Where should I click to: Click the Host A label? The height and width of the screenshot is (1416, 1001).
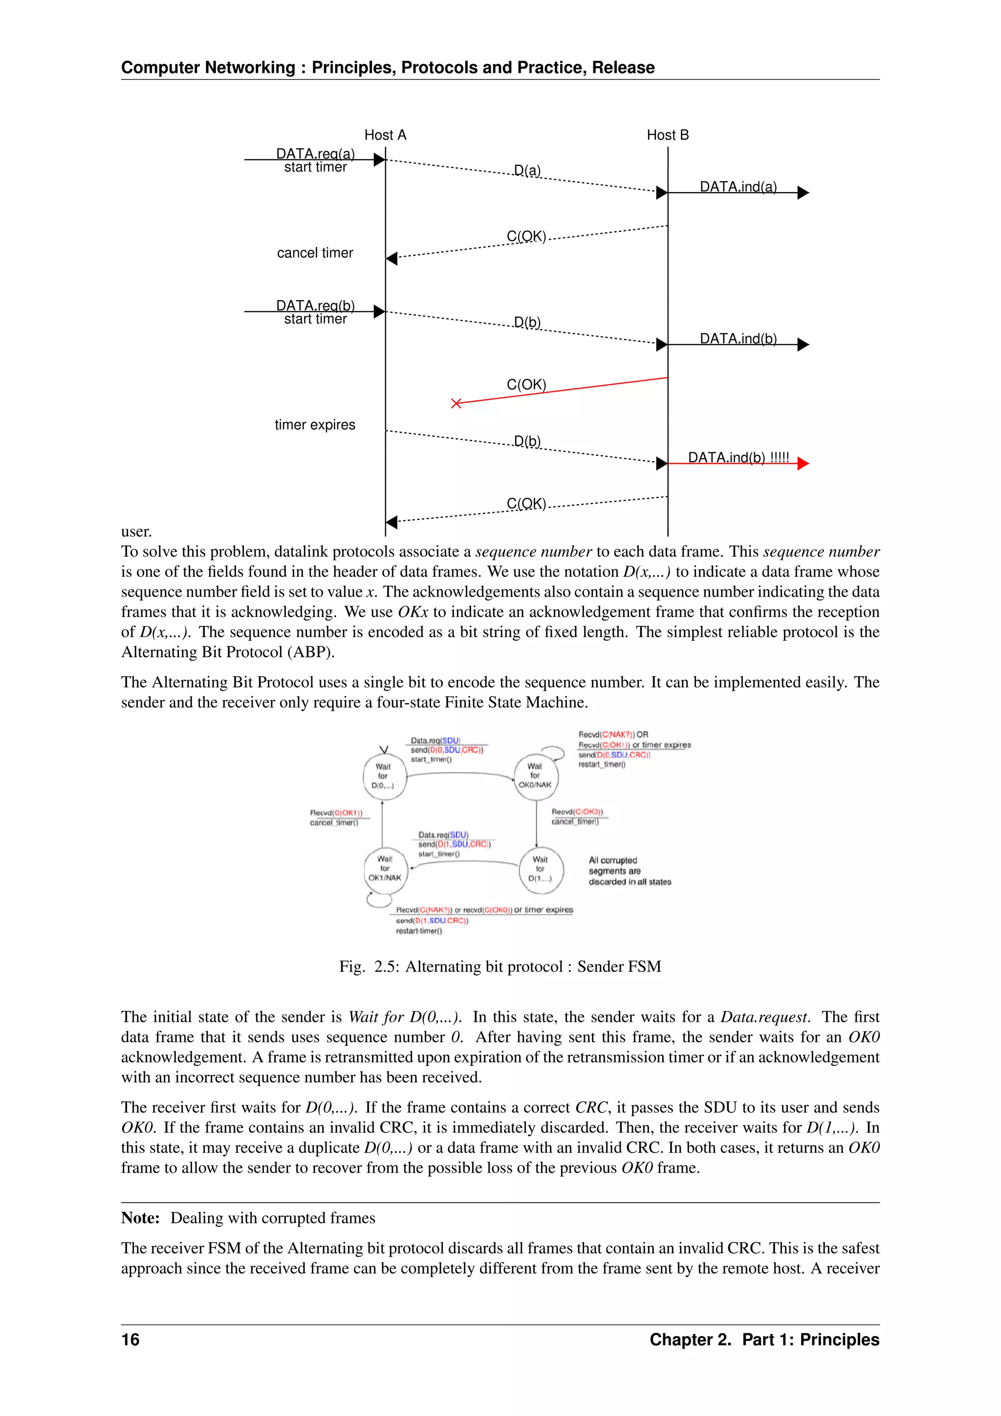(385, 135)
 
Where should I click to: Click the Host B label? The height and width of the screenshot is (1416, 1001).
(668, 135)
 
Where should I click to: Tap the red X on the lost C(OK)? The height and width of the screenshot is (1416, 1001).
(456, 403)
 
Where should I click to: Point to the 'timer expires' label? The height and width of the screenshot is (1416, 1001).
(315, 425)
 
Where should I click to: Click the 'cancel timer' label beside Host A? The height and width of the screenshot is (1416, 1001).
(315, 253)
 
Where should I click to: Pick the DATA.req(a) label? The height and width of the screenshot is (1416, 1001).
(315, 153)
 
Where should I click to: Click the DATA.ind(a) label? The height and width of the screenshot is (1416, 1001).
(738, 186)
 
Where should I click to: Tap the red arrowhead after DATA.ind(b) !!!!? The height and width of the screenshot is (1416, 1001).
(803, 463)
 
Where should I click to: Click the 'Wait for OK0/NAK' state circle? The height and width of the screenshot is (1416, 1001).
(536, 776)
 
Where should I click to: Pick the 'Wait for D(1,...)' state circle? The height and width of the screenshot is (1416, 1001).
(541, 869)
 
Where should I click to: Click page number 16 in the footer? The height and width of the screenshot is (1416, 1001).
(130, 1340)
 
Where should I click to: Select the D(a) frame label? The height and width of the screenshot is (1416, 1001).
(527, 170)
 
